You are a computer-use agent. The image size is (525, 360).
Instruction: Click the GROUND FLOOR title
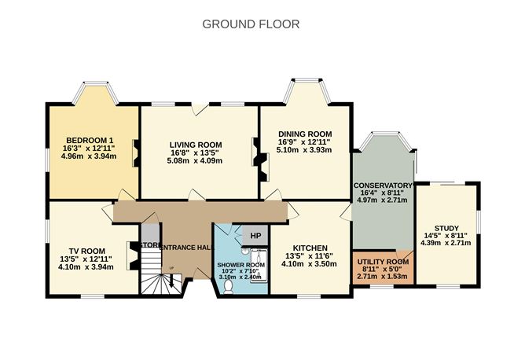(x=251, y=24)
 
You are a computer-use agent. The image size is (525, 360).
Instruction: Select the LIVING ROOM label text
(x=196, y=145)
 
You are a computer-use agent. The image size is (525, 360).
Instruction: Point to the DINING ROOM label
(x=304, y=134)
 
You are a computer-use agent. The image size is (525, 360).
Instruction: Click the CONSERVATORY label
(x=383, y=186)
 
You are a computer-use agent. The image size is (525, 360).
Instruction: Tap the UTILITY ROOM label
(x=383, y=261)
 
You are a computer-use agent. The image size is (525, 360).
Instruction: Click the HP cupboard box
(x=255, y=235)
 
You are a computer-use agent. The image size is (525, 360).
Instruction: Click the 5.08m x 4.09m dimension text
(x=196, y=161)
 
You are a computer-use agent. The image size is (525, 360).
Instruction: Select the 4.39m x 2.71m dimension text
(x=446, y=242)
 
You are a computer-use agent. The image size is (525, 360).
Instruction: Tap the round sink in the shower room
(x=247, y=250)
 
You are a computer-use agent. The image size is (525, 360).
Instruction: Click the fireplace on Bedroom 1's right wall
(x=135, y=150)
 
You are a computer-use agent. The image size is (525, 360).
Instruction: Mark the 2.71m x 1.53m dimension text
(x=383, y=277)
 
